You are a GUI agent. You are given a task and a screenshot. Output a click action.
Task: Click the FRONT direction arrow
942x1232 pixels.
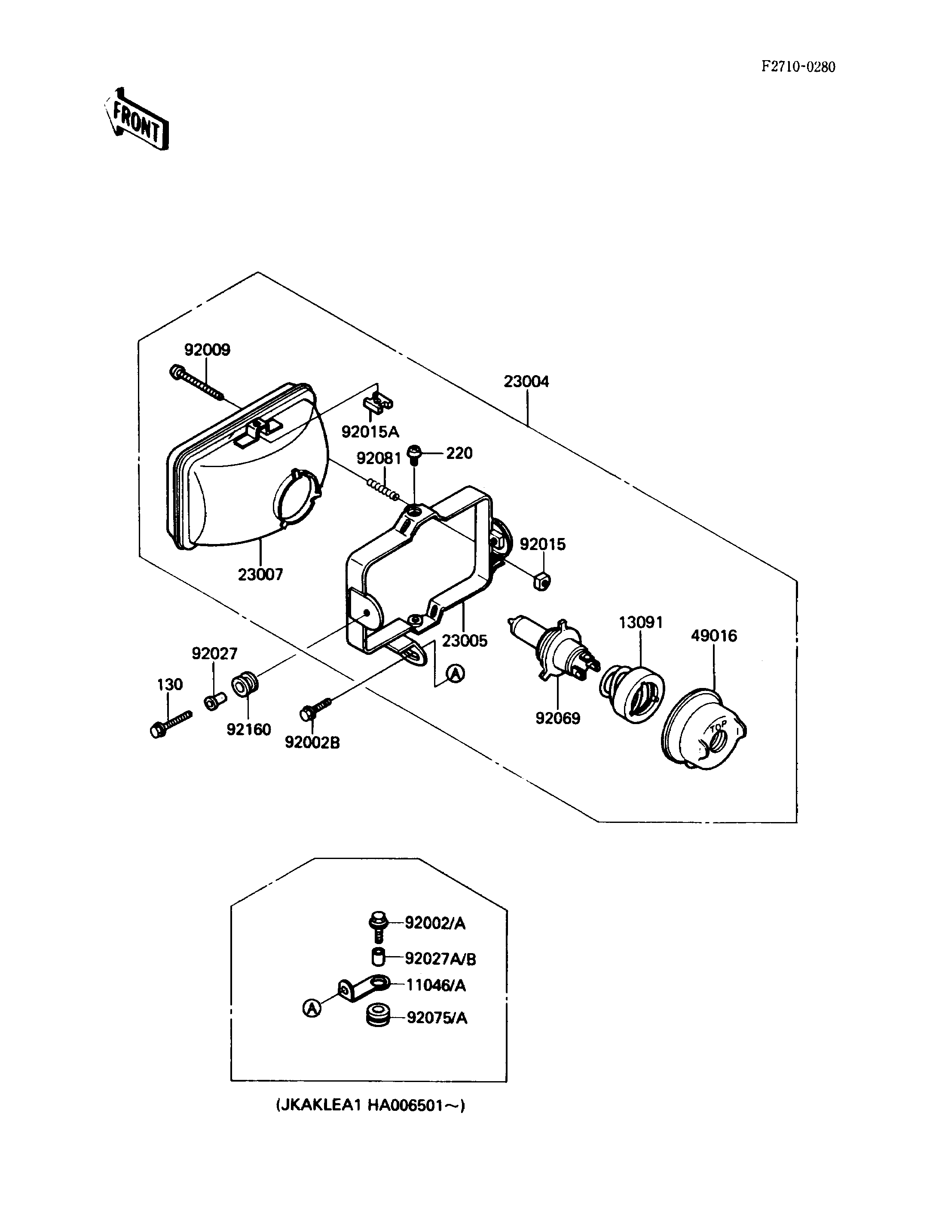point(137,119)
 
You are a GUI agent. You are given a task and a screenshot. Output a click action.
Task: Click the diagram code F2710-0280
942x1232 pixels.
point(798,67)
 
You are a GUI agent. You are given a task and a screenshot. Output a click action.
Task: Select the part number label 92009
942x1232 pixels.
point(208,350)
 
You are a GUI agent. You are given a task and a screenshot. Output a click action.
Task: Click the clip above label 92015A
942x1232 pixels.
point(378,403)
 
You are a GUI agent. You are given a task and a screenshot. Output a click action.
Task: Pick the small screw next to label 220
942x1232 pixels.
point(414,454)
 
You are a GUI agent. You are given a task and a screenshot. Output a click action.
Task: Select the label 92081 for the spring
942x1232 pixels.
point(379,458)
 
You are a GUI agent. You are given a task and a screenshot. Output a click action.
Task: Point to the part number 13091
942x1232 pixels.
point(641,623)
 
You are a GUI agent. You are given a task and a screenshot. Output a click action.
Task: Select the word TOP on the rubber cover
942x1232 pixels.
point(718,728)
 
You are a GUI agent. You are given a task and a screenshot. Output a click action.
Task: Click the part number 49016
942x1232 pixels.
point(714,636)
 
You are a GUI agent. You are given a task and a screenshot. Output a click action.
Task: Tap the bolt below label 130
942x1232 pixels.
point(171,724)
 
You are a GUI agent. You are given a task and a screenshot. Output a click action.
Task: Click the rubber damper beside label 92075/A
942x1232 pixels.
point(377,1017)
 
